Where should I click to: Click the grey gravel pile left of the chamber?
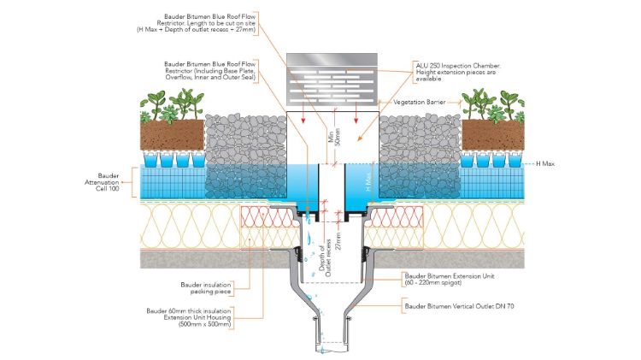click(x=247, y=141)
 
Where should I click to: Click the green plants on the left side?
click(x=172, y=105)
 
